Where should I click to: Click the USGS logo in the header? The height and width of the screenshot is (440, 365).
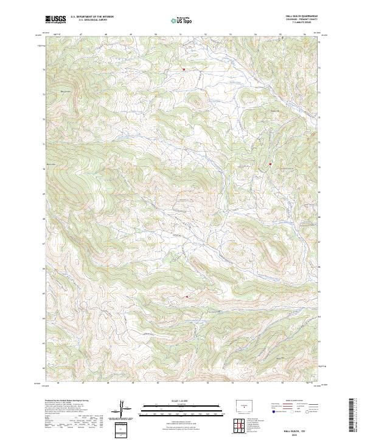tap(55, 19)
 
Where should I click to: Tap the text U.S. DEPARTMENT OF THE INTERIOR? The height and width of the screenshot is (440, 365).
tap(92, 16)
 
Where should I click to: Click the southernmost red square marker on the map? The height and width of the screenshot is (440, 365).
tap(187, 296)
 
